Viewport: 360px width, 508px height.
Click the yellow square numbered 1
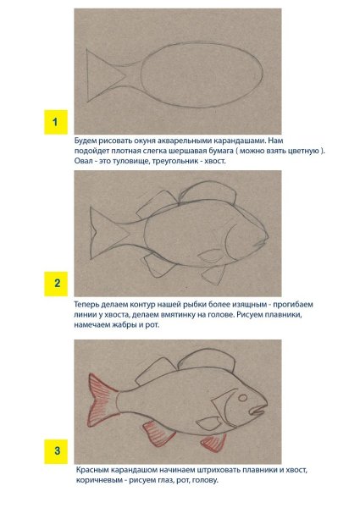tap(56, 122)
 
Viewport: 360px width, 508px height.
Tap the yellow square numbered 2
tap(56, 284)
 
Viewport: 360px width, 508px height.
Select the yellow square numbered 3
tap(56, 451)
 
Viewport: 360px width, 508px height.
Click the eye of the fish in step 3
tap(242, 398)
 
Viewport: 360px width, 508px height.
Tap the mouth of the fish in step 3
tap(258, 411)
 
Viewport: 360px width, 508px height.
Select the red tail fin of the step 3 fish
tap(102, 400)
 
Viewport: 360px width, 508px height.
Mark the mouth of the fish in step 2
tap(262, 242)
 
